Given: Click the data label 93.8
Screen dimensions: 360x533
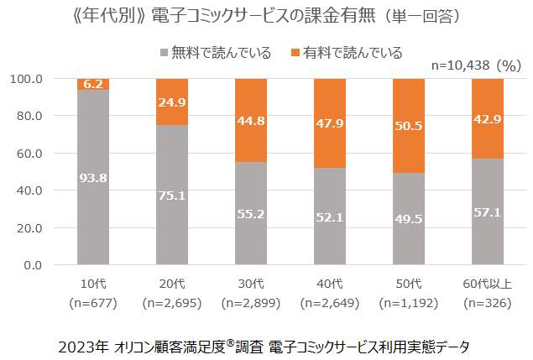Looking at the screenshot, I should coord(92,178).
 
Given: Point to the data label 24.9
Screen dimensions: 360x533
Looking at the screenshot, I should coord(171,103).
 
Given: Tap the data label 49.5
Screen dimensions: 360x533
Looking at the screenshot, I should coord(408,219).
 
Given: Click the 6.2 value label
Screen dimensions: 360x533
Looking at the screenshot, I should coord(92,85).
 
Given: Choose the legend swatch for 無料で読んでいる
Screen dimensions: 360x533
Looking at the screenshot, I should coord(164,53).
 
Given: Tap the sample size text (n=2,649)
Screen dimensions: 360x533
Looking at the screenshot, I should coord(329,301).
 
